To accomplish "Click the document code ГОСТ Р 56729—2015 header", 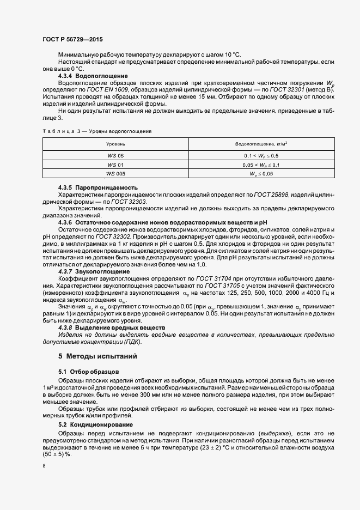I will [x=72, y=40].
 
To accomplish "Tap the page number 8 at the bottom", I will [x=44, y=466].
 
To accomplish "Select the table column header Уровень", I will [x=115, y=144].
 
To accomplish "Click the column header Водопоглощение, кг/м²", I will [x=253, y=144].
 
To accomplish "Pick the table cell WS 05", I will [x=115, y=155].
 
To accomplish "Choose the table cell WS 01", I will [x=115, y=164].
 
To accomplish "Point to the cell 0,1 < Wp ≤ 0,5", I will [x=253, y=155].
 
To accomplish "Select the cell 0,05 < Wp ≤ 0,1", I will [x=253, y=164].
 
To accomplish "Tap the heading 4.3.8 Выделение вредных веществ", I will [x=111, y=328].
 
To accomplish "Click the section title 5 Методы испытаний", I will [x=93, y=356].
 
